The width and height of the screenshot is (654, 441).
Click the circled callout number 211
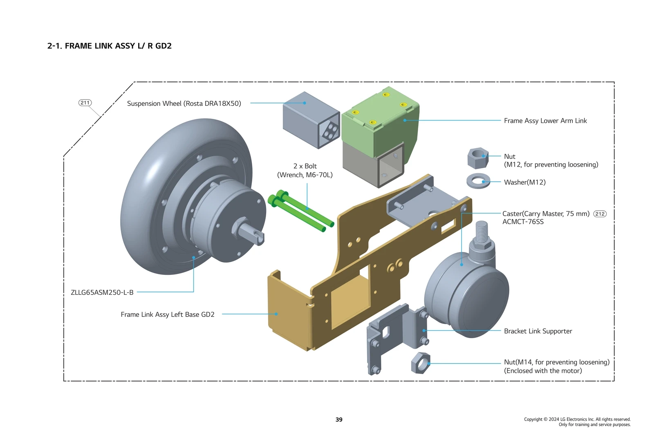85,102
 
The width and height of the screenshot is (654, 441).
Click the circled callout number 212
600,214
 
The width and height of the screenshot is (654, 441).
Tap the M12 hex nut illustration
478,158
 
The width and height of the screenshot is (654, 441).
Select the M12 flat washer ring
478,181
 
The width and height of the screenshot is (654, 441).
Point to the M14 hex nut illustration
421,363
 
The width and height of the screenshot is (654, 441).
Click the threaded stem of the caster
482,231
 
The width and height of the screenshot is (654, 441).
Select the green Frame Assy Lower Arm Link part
380,122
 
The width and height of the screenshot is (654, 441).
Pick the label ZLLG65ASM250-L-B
102,292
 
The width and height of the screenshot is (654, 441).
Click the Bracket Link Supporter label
538,331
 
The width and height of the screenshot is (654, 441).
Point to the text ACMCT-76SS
523,222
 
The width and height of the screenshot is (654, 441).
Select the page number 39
339,419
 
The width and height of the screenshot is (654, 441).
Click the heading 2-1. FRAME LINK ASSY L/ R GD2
110,46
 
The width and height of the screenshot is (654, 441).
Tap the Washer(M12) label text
524,182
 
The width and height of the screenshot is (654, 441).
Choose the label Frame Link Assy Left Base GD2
168,314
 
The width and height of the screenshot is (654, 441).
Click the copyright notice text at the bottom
577,422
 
